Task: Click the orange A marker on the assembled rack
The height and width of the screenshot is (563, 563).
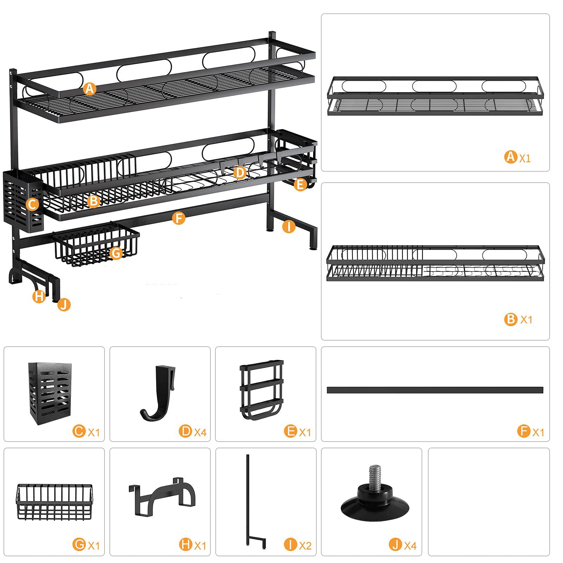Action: [x=90, y=89]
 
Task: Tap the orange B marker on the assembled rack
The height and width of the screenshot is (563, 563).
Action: [x=94, y=201]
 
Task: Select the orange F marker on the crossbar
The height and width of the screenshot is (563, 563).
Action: [x=179, y=218]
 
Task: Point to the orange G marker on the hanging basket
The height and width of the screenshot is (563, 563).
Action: [x=116, y=253]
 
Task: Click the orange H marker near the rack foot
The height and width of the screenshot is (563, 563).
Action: [x=39, y=296]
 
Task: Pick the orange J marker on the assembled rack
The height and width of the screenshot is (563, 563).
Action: [x=64, y=304]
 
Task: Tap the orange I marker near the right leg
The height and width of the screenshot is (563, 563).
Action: [x=289, y=227]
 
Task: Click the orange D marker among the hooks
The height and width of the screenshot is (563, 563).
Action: [x=240, y=172]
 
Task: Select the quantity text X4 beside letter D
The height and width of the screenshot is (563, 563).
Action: [x=200, y=432]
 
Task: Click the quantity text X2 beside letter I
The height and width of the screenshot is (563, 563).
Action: [x=305, y=546]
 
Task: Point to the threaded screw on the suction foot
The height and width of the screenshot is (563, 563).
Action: [x=374, y=475]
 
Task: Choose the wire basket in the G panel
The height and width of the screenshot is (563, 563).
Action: [x=54, y=501]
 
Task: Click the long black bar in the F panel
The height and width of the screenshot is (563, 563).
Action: [x=435, y=390]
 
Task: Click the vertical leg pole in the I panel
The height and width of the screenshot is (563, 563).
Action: [x=248, y=500]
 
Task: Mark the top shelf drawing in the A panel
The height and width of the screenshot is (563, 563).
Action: [x=435, y=96]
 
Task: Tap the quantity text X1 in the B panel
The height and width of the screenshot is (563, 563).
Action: [x=526, y=320]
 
